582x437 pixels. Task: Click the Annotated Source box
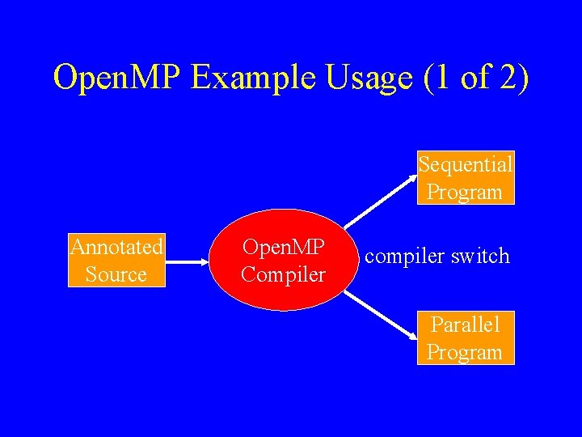coord(116,260)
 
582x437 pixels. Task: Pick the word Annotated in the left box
coord(116,246)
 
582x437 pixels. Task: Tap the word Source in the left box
coord(116,274)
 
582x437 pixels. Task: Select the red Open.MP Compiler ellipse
coord(283,260)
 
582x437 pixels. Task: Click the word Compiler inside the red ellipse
coord(283,274)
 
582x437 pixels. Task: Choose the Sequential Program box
coord(466,178)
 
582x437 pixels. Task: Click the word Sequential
coord(466,164)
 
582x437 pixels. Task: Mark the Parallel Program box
coord(466,338)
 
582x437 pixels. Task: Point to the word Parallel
coord(466,325)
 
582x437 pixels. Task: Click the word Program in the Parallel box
coord(466,353)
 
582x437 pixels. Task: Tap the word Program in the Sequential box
coord(466,193)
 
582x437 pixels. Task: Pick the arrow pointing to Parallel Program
coord(380,316)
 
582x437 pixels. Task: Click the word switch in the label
coord(481,257)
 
